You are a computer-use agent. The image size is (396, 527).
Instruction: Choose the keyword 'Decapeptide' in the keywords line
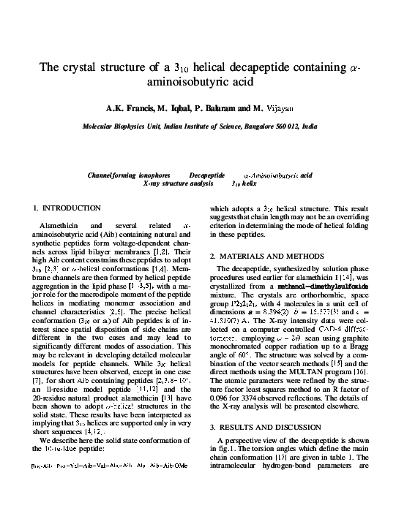click(x=206, y=176)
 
